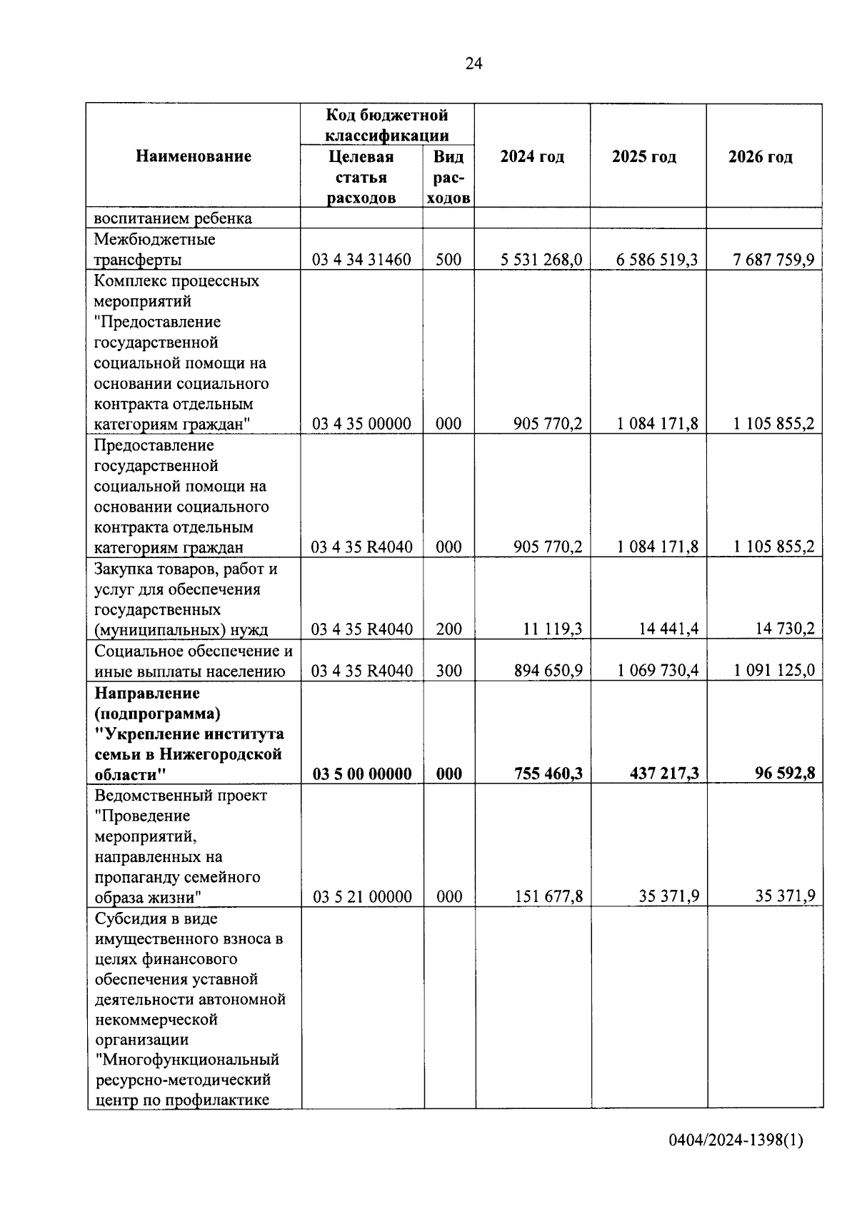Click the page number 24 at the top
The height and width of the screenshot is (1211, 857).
(473, 64)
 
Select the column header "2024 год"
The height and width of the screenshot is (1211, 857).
(532, 157)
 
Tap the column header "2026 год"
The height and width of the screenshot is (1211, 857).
(760, 157)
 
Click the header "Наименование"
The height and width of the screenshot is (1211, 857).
(194, 156)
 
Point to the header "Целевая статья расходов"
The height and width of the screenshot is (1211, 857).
(361, 177)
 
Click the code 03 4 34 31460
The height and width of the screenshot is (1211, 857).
(361, 260)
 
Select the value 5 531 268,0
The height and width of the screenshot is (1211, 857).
(541, 260)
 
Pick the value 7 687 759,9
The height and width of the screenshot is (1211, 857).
(773, 260)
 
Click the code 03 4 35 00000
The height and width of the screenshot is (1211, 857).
(361, 424)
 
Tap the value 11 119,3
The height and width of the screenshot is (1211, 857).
(553, 629)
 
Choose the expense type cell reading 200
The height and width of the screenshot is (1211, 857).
(448, 629)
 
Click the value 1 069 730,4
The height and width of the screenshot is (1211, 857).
(658, 671)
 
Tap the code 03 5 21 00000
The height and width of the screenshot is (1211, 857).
(362, 897)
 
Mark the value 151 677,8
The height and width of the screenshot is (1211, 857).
(548, 897)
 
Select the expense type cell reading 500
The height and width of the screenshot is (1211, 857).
(448, 260)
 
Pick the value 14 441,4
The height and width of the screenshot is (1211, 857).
(668, 629)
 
